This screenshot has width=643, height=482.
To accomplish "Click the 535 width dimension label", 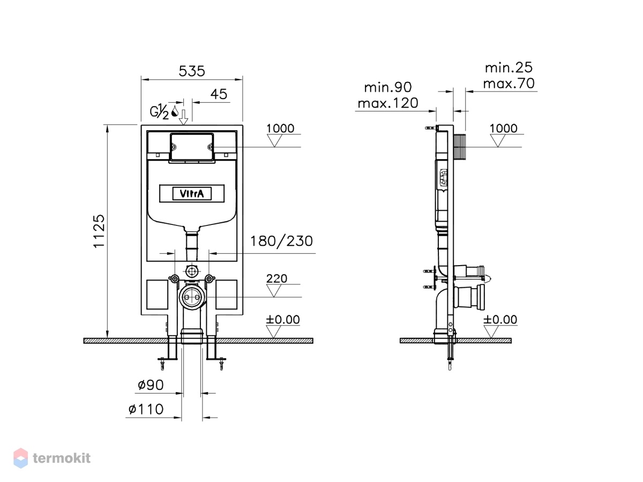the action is pos(192,71).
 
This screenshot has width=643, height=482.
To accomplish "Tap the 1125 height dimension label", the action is pos(99,231).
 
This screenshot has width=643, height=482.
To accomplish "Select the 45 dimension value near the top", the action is pos(219,94).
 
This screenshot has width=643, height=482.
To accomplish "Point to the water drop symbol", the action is pos(175,111).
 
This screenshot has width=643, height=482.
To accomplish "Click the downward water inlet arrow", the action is pos(184,117).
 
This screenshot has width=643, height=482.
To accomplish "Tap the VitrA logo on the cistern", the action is pos(192,193).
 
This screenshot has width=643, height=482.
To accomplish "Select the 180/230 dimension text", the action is pos(281,241).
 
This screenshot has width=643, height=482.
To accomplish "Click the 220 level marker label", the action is pos(276,278).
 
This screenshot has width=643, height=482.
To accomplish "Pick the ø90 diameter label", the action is pos(151,385).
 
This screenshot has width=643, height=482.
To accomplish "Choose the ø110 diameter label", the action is pos(146,409).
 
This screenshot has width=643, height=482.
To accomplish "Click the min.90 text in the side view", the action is pos(388,87).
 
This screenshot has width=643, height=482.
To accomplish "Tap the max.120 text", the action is pos(388,103).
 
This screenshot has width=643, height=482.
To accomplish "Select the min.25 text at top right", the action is pos(509,67).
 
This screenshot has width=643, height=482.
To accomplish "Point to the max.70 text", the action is pos(509,84).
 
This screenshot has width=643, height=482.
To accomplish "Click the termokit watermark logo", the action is pos(52,458).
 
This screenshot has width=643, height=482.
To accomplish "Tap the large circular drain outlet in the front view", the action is pos(192,297).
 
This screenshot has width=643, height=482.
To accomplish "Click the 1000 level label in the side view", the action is pos(503,128).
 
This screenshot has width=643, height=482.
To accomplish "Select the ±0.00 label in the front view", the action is pos(283,319).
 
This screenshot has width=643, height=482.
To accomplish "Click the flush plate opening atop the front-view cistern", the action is pos(192,147).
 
